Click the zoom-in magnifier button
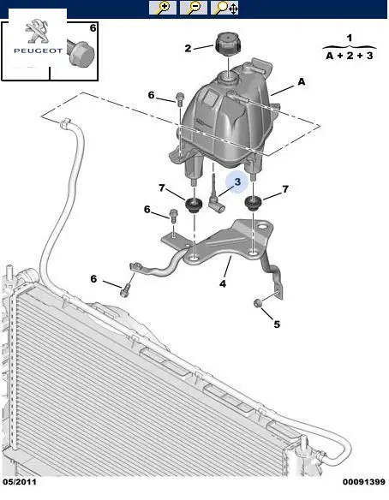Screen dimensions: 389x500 click(x=163, y=8)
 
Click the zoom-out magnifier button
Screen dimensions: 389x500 click(x=194, y=8)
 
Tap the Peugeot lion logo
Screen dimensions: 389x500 click(x=37, y=31)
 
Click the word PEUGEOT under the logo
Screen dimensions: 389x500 click(x=38, y=51)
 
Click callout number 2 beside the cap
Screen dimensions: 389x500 click(x=188, y=48)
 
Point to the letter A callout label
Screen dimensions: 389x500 click(x=302, y=82)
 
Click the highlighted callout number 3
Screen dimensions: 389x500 click(x=237, y=182)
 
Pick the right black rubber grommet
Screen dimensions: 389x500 click(x=253, y=203)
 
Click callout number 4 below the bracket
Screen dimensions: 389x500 click(x=223, y=283)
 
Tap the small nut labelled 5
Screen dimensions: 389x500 click(x=258, y=303)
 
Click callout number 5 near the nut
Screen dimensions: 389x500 click(x=277, y=324)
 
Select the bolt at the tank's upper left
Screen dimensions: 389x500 click(x=180, y=99)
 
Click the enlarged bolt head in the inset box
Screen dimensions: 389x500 click(x=81, y=53)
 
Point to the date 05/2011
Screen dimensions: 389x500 click(x=20, y=481)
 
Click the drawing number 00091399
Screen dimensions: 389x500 click(x=364, y=481)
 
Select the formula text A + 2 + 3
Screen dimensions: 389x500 click(x=350, y=56)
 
